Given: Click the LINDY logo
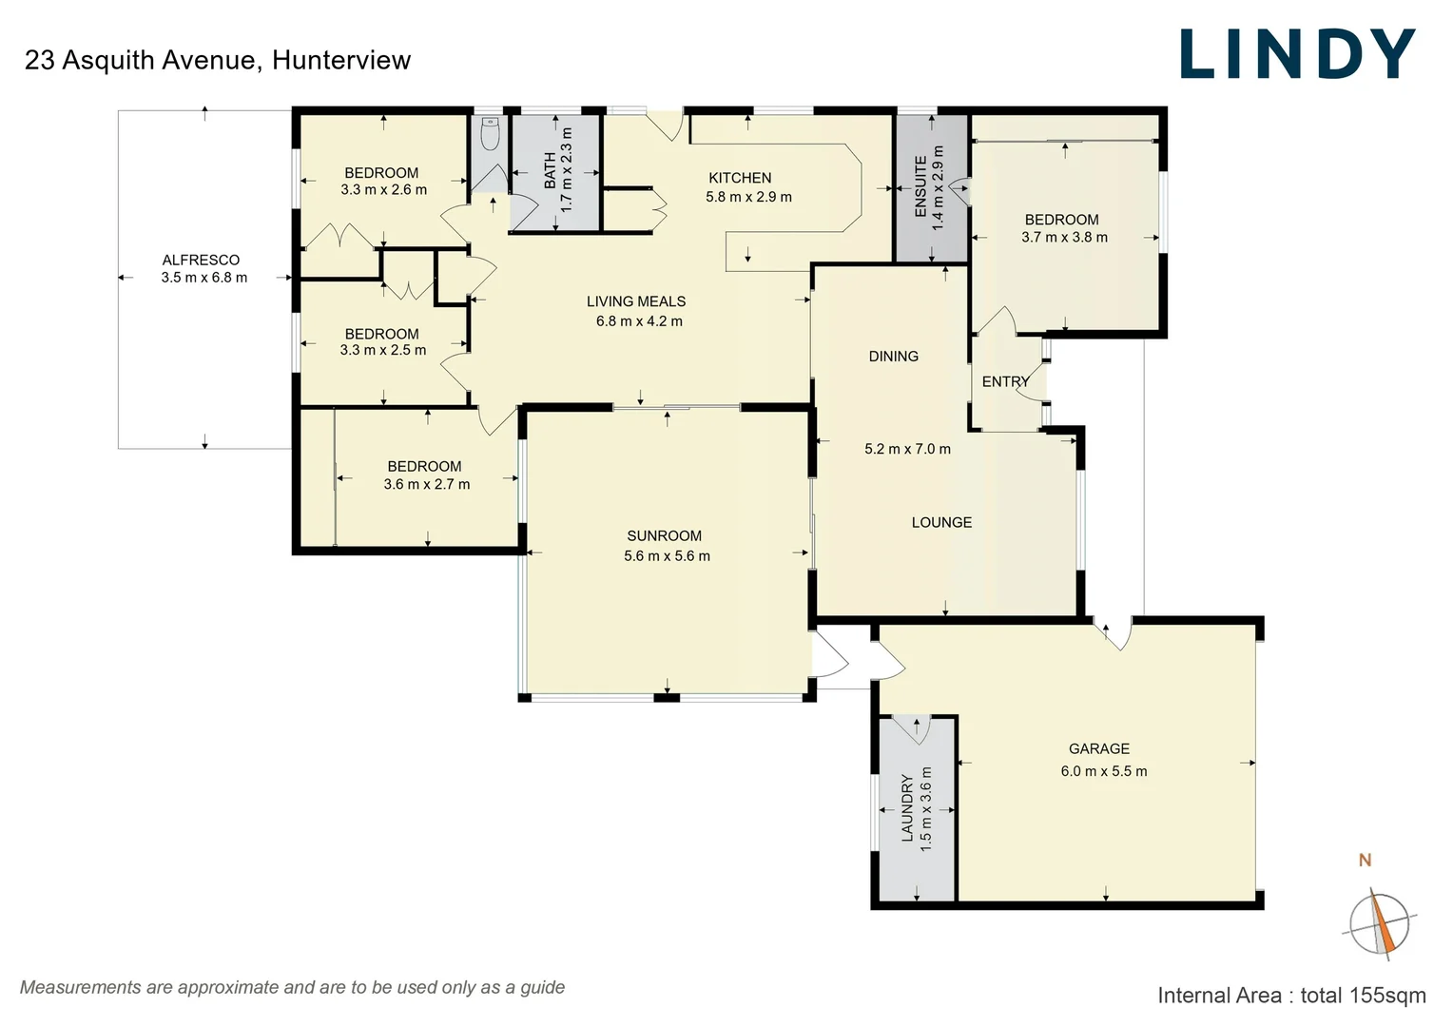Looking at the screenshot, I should pos(1297,54).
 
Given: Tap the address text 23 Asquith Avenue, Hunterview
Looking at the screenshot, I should pos(218,60).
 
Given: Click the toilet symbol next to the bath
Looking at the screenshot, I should pos(490,134).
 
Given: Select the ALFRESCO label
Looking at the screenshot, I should pos(201,260).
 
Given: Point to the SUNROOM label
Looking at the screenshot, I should pos(664,536).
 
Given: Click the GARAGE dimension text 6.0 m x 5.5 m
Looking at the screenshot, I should pos(1103,771).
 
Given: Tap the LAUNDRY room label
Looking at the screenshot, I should pos(907,807).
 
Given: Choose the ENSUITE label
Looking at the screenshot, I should pos(920,187).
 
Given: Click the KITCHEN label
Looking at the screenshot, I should pos(740,178).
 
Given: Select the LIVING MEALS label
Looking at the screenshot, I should pos(636,301).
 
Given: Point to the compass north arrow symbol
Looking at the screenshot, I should pos(1379,923).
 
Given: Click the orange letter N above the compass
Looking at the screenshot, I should pos(1365,861).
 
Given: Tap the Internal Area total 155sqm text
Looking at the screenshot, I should pos(1291,996).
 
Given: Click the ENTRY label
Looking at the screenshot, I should pos(1005,381).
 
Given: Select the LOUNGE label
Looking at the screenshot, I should pos(941,522).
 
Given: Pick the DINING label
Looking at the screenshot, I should pos(893,357).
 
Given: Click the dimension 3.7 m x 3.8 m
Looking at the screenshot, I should pos(1064,238).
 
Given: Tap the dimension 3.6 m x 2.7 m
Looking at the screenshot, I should pos(426,484).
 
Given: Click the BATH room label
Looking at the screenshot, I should pos(550,170).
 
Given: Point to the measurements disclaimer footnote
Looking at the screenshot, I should pos(292,987).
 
